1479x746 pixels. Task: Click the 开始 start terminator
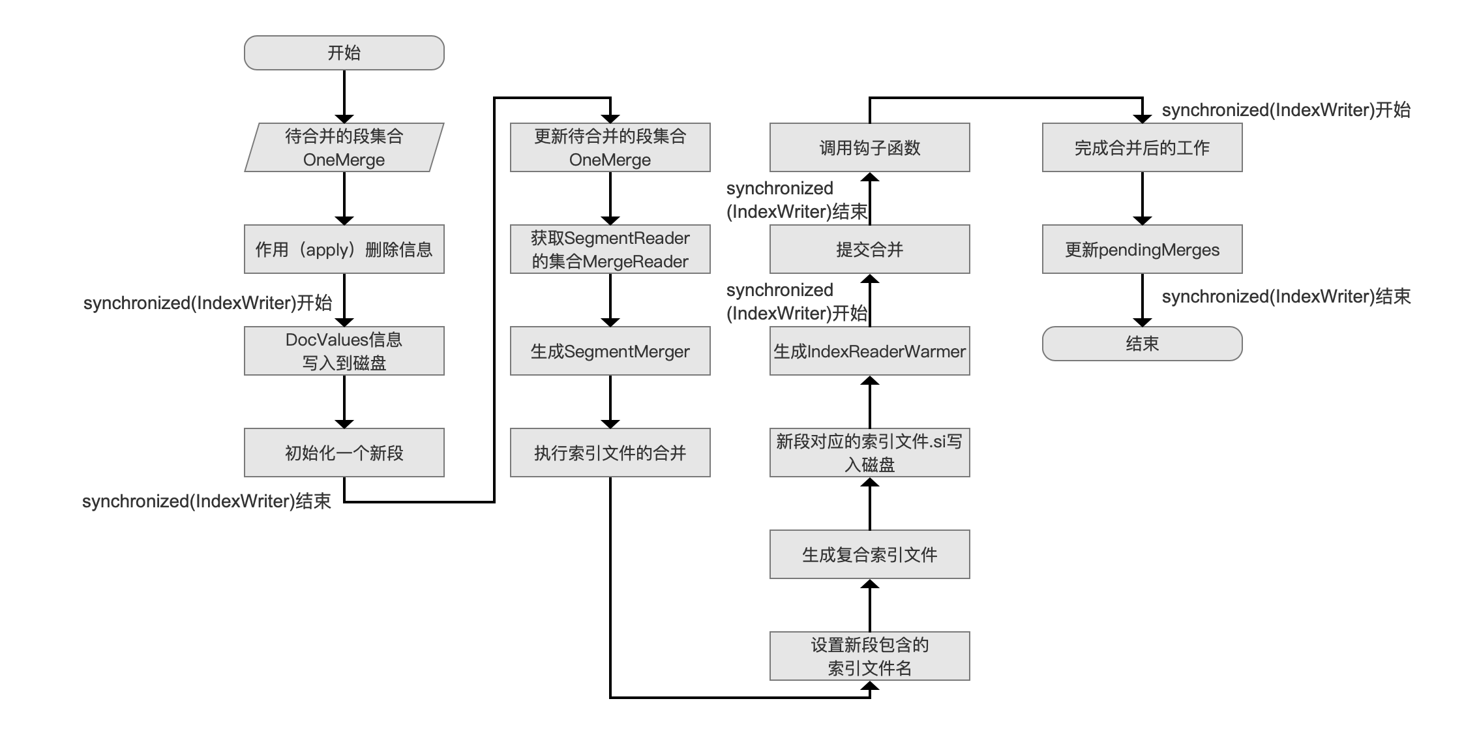tap(344, 53)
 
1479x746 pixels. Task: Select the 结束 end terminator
tap(1143, 344)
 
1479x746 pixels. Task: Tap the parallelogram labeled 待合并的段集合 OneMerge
tap(344, 147)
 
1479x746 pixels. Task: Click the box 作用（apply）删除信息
tap(344, 249)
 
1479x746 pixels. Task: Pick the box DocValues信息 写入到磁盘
tap(344, 351)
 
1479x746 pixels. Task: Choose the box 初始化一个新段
tap(344, 453)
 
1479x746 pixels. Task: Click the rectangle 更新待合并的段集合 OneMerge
tap(610, 147)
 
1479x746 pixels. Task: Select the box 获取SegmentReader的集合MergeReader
tap(610, 249)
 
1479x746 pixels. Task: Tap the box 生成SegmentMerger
tap(610, 351)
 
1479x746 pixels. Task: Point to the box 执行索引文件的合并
tap(610, 453)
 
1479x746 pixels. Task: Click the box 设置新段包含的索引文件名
tap(870, 656)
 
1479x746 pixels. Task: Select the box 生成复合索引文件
tap(870, 554)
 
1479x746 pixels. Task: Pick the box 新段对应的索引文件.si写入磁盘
tap(870, 453)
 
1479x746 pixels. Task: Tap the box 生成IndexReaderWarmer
tap(870, 351)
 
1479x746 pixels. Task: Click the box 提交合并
tap(870, 249)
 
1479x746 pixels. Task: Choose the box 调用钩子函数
tap(870, 147)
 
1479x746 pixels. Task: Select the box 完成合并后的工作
tap(1143, 147)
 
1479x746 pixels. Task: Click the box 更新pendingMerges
tap(1143, 249)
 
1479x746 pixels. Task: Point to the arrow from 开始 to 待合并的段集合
tap(344, 97)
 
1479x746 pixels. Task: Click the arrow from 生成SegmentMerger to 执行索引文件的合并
tap(610, 402)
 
